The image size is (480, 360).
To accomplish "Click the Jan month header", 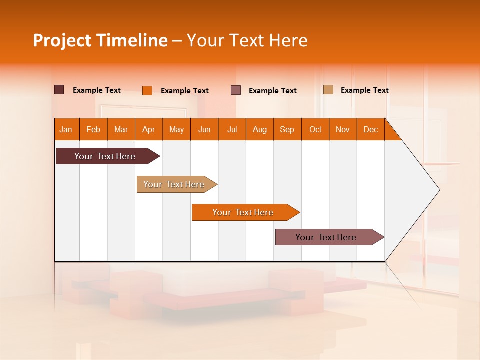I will [66, 129].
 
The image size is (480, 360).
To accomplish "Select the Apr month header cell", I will [149, 129].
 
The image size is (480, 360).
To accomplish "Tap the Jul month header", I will [232, 129].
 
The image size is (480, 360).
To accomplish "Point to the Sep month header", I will [287, 129].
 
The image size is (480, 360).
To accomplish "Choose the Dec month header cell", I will [370, 129].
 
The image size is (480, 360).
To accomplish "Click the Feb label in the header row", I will [93, 129].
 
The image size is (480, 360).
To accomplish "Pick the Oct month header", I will [315, 129].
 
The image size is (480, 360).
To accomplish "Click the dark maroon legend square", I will [59, 90].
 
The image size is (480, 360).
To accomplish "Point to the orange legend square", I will [147, 90].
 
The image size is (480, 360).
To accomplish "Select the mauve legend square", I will [236, 90].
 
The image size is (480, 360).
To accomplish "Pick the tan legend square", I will [328, 90].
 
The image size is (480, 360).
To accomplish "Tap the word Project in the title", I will [62, 40].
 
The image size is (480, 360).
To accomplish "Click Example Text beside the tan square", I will [364, 90].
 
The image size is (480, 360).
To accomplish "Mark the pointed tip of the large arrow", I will [439, 190].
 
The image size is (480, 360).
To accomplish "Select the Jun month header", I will [204, 129].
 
